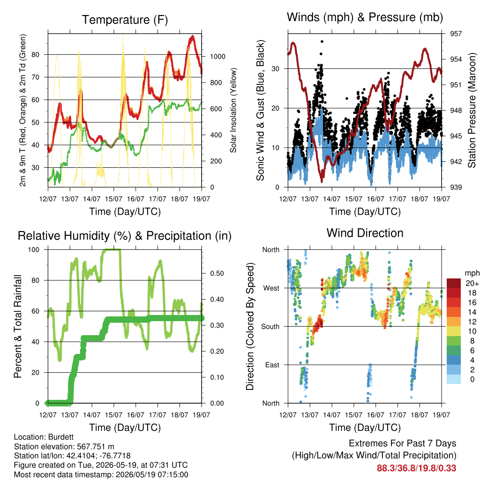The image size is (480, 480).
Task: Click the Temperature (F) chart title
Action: pos(125,20)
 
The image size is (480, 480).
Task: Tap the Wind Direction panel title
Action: pos(365,233)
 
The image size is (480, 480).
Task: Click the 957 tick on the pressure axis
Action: pos(456,34)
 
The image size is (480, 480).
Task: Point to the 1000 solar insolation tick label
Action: pos(217,57)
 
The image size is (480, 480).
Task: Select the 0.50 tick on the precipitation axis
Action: pos(217,273)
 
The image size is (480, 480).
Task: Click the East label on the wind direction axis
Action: pos(272,365)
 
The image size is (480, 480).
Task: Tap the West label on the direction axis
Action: pos(271,288)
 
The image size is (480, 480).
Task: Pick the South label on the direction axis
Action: pos(270,327)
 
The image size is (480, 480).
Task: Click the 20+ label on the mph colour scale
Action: pos(472,284)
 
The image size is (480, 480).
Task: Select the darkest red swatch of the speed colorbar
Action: pos(454,283)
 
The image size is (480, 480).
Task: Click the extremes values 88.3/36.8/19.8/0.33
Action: pos(416,468)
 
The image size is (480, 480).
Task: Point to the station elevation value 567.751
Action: pos(91,446)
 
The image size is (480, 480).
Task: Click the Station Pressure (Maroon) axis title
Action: pos(472,110)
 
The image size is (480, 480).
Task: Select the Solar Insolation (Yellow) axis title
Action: pos(233,110)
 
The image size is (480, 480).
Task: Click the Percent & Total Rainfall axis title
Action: pos(18,326)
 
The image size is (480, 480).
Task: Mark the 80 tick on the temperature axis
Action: pos(36,55)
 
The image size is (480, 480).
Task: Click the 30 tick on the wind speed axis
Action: pos(276,69)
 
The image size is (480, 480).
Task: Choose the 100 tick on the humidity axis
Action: pos(34,250)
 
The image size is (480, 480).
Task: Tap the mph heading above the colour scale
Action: pos(472,273)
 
